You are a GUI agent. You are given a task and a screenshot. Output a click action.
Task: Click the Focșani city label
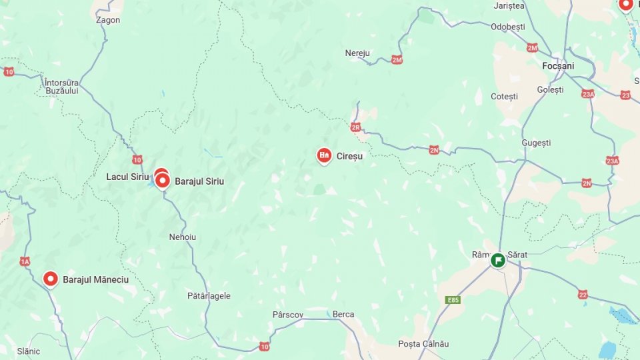click(558, 66)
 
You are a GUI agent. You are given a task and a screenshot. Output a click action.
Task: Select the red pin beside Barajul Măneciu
click(51, 279)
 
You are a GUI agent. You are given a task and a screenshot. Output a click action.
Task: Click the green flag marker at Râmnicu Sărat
click(498, 259)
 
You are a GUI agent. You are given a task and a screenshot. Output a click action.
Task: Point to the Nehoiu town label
click(183, 237)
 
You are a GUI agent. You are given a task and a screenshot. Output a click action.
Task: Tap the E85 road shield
click(453, 300)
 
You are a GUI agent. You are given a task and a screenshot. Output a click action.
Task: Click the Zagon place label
click(108, 20)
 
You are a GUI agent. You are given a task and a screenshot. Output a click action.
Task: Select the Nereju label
click(357, 53)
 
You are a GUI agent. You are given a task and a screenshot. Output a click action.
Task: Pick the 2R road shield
click(355, 127)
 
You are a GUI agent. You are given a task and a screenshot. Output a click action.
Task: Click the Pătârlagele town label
click(209, 296)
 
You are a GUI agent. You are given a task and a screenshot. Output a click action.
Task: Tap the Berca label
click(343, 314)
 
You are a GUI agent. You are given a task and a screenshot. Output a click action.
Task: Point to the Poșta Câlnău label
click(423, 344)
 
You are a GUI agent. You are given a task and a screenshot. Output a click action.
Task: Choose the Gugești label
click(537, 143)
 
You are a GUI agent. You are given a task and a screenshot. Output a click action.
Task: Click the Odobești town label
click(508, 27)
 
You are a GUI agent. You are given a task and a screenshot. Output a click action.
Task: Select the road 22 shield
click(583, 295)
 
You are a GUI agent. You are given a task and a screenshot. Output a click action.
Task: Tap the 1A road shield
click(25, 261)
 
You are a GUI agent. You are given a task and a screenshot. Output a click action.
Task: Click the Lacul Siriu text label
click(127, 177)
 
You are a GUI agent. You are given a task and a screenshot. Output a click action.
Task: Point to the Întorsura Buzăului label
click(61, 87)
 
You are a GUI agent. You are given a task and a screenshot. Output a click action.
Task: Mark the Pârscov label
click(288, 314)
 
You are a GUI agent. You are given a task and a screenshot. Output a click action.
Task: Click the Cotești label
click(504, 97)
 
